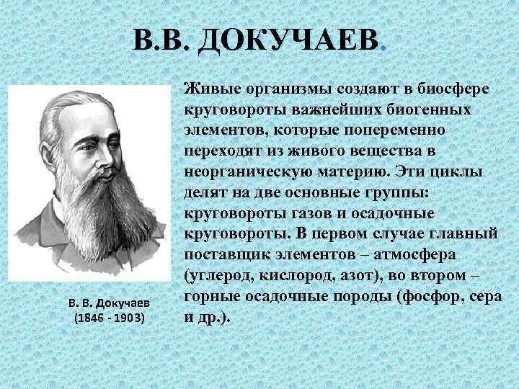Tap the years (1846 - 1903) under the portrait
tap(110, 318)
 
